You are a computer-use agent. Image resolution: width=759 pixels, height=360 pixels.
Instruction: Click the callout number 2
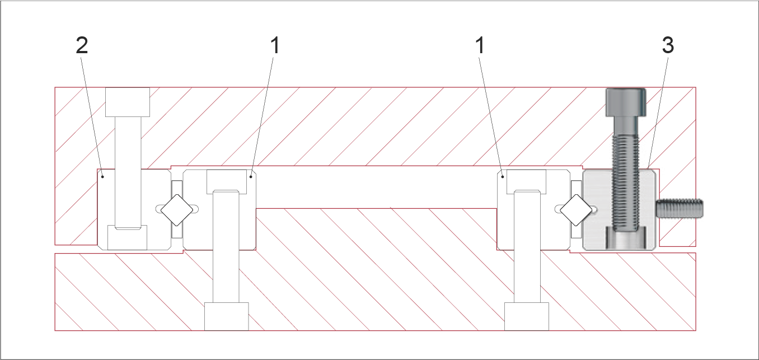coord(82,45)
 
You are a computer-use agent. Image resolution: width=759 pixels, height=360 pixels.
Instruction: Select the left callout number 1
coord(275,45)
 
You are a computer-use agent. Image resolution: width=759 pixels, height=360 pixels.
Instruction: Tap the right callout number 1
coord(480,45)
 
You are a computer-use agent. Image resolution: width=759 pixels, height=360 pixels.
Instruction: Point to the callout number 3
coord(668,45)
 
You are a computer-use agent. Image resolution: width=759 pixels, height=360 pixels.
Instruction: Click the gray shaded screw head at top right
coord(626,102)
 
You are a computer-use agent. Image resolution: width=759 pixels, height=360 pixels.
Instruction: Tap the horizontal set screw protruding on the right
coord(680,209)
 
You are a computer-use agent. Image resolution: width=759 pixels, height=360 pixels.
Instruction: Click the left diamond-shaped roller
coord(177,210)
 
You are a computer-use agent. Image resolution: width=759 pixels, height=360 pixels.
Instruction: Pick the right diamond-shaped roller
coord(576,210)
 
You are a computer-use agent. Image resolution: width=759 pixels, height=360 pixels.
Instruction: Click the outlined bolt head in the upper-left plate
coord(128,102)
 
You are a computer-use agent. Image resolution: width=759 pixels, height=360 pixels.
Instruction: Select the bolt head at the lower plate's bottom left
coord(226,316)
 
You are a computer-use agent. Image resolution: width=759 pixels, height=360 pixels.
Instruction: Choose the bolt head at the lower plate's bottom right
coord(527,316)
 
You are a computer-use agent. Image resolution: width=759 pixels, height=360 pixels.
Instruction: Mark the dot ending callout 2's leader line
coord(103,176)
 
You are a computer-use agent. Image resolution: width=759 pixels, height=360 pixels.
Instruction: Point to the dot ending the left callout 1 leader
coord(251,176)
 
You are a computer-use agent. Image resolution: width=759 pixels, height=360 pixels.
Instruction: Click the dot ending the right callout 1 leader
coord(503,176)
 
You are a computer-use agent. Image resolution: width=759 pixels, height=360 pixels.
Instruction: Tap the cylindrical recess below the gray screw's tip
coord(626,239)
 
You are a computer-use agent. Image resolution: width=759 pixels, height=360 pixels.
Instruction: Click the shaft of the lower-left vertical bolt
coord(226,246)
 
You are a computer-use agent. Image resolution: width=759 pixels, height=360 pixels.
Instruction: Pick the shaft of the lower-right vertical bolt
coord(527,246)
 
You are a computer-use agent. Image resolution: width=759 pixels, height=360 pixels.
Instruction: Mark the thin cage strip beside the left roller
coord(177,209)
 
